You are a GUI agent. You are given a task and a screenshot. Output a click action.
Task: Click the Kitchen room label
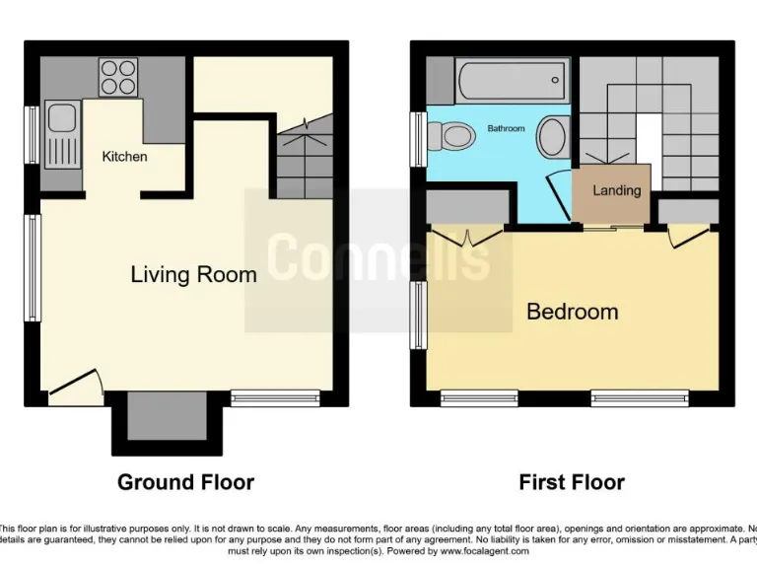(x=125, y=157)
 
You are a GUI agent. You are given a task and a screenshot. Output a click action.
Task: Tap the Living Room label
(x=193, y=274)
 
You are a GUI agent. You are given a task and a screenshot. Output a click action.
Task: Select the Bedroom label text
(x=572, y=312)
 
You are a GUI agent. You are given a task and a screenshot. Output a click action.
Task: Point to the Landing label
(x=616, y=190)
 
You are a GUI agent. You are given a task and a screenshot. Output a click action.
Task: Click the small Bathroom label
(x=506, y=129)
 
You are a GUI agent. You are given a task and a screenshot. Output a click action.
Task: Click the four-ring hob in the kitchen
(x=118, y=76)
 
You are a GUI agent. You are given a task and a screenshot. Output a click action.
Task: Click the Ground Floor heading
(x=185, y=482)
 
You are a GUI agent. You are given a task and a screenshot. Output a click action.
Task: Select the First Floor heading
(x=572, y=482)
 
